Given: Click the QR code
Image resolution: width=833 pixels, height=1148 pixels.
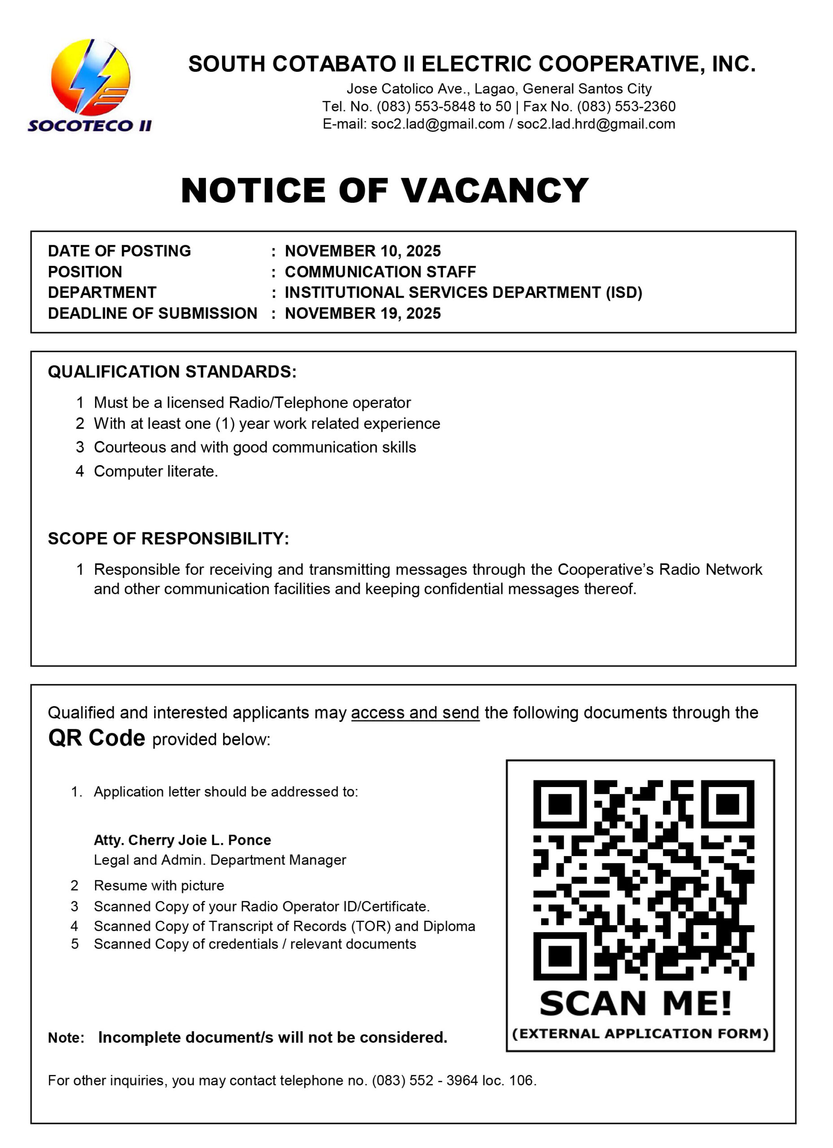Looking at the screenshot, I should tap(643, 880).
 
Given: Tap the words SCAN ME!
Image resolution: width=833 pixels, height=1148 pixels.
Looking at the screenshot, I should tap(636, 1004).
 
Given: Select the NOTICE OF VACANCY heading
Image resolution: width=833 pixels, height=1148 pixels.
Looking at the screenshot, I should tap(385, 191).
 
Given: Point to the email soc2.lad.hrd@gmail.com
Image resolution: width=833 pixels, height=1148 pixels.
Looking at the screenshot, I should tap(596, 124).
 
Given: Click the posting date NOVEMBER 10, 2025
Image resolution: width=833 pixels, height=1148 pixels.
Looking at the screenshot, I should tap(363, 251).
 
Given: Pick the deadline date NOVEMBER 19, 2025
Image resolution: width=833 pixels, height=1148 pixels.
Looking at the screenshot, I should tap(363, 313).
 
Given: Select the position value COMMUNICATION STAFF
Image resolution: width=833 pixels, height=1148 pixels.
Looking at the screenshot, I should tap(380, 272).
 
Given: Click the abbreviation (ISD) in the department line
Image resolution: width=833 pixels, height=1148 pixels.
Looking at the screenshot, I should tap(624, 292).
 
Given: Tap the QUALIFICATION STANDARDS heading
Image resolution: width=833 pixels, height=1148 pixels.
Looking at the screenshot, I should tap(172, 372).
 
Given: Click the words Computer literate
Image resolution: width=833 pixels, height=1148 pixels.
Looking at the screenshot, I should tap(156, 471).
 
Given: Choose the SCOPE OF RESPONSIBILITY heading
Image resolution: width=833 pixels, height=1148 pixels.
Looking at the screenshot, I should tap(169, 539).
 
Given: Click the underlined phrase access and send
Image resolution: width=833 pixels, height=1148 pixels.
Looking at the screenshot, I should tap(415, 713).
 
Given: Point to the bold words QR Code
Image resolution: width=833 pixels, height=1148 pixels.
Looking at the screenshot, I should tap(97, 738).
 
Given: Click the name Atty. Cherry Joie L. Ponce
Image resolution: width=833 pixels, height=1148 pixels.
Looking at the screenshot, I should tap(182, 840).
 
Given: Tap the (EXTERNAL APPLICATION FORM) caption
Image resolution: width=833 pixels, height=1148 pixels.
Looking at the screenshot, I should tap(640, 1034).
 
